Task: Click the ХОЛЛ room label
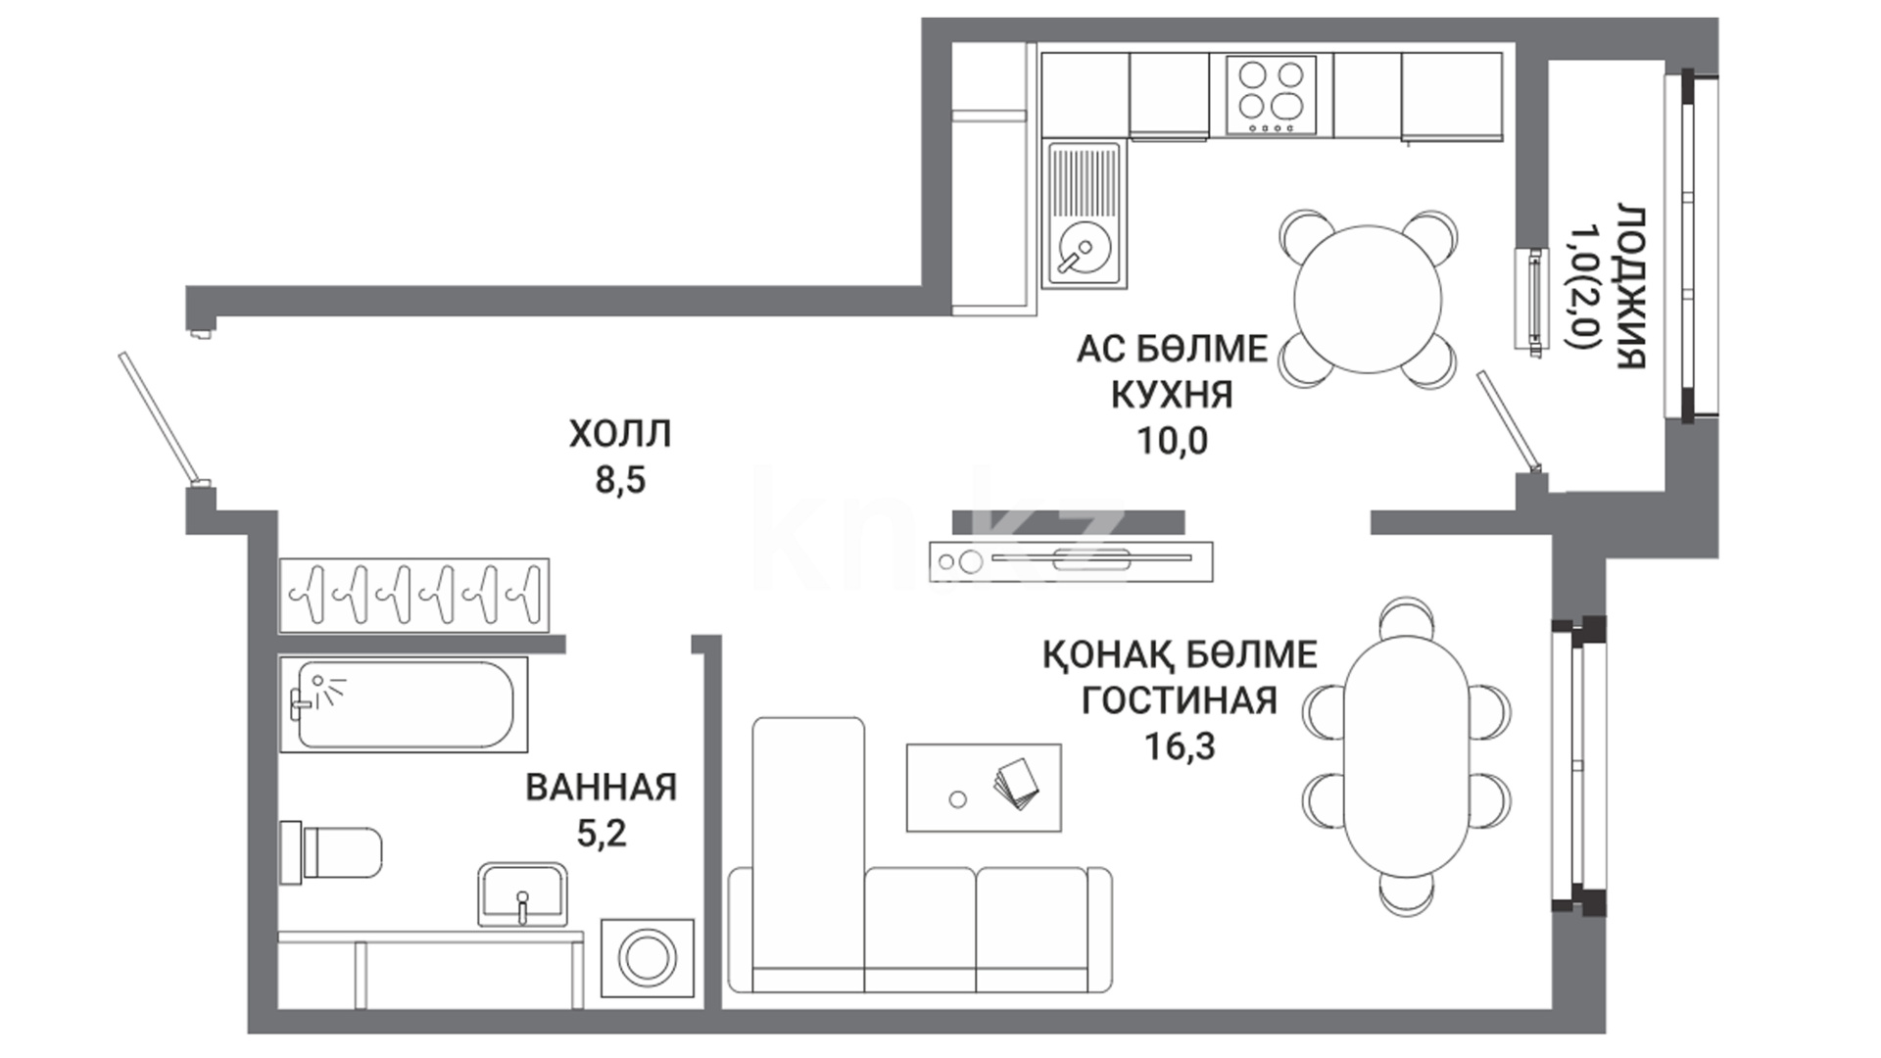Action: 620,434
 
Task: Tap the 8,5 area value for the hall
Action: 621,481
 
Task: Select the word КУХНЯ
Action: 1172,395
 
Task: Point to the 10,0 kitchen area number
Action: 1172,442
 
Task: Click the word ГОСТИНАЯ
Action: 1179,700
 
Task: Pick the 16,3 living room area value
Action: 1180,746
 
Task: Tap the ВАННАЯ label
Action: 602,787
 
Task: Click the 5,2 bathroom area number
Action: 602,834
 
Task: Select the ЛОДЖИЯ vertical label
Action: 1630,287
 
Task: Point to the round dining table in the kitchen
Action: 1368,299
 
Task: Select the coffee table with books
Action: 984,788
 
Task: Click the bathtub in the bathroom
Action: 404,704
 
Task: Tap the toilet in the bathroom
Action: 331,851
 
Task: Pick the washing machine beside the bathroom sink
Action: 647,958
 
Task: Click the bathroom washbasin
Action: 522,894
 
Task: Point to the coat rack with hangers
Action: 413,595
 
